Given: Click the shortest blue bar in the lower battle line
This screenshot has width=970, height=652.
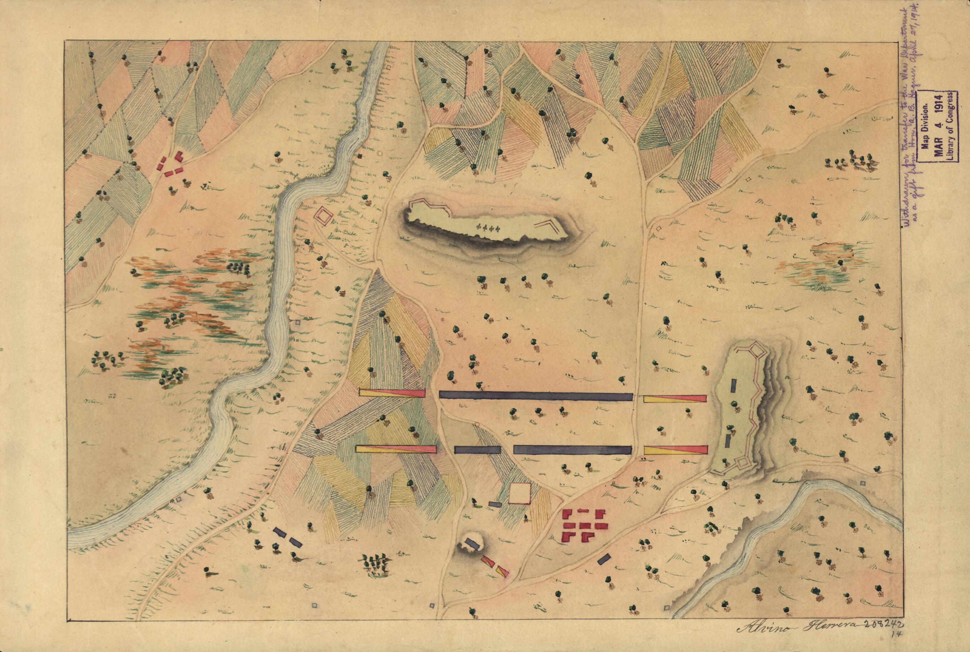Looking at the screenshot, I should tap(477, 450).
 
